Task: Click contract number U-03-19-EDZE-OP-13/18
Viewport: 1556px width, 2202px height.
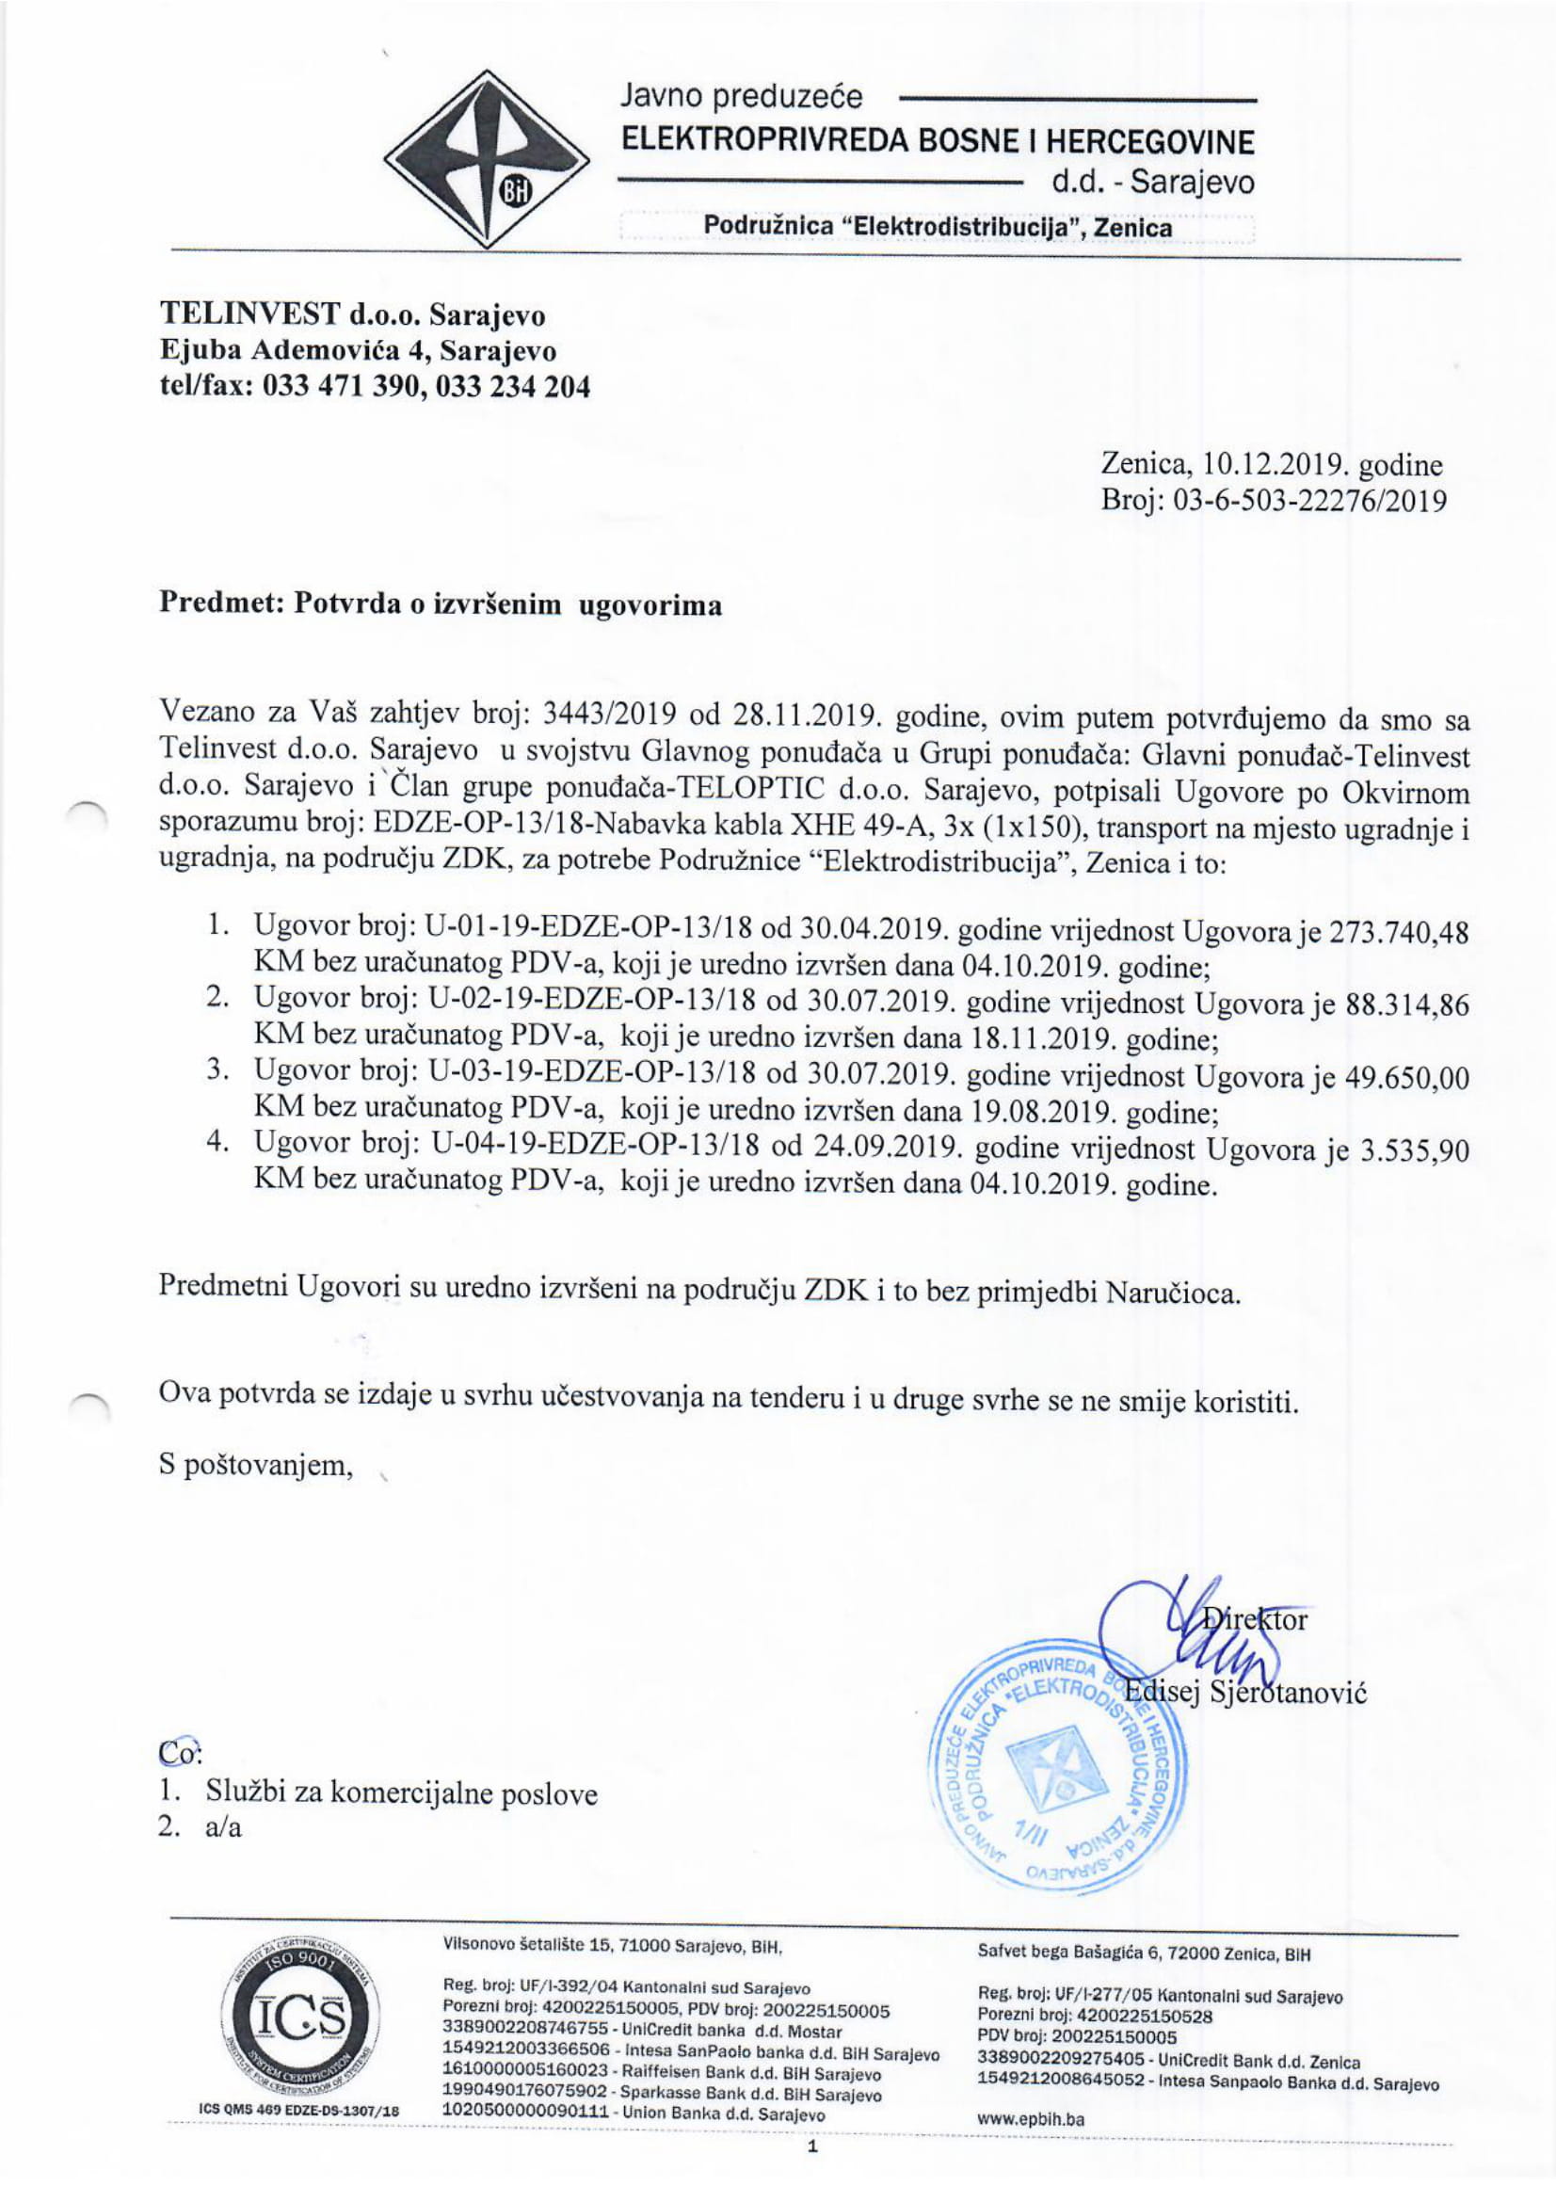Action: (x=595, y=1077)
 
